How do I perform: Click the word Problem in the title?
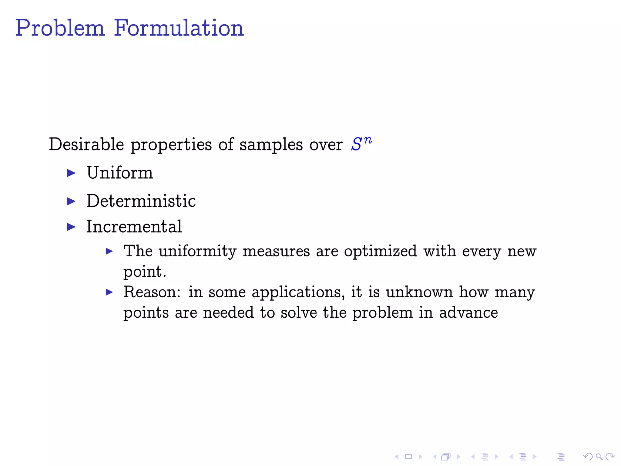click(60, 28)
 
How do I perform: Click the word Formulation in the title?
click(179, 28)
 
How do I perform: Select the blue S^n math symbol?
click(361, 144)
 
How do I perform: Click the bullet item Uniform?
click(120, 173)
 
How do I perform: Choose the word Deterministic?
click(141, 201)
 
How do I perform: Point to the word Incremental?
click(134, 227)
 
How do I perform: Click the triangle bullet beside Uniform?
click(71, 173)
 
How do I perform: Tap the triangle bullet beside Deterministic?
click(71, 201)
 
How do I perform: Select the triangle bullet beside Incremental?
click(71, 227)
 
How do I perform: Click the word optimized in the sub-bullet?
click(380, 252)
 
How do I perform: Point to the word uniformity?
click(197, 252)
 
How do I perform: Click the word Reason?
click(152, 292)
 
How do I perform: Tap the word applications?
click(298, 293)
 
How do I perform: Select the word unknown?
click(419, 292)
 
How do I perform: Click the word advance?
click(468, 313)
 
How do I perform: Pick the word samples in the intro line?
click(271, 145)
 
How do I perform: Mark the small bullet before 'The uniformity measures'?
click(109, 251)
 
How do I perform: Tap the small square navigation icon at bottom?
click(408, 456)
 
